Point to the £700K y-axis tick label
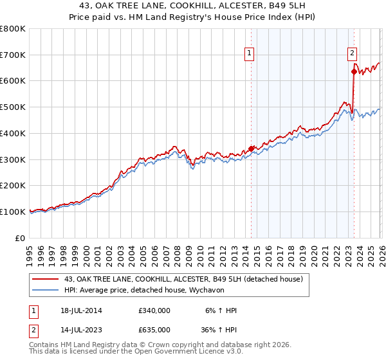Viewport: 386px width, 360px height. pos(13,55)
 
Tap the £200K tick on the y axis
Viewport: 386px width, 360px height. pos(13,185)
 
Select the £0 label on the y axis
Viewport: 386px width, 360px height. pos(21,238)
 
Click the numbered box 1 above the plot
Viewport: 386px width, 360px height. pos(250,54)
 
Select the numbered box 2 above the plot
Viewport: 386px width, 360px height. pos(353,54)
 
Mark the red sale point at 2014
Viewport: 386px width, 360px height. pos(251,148)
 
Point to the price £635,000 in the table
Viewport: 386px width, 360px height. pos(154,329)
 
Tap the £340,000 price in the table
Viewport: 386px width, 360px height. pos(154,311)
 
